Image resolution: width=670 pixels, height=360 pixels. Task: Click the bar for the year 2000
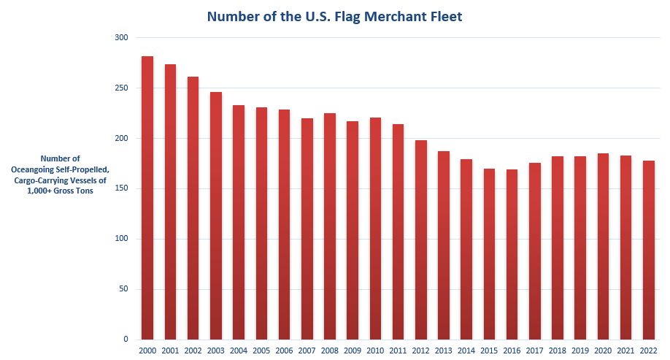[x=147, y=197]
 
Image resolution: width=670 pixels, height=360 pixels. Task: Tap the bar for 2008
[x=329, y=226]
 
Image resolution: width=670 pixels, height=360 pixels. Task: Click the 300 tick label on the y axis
[x=121, y=38]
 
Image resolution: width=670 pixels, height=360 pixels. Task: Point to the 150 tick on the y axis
[x=121, y=188]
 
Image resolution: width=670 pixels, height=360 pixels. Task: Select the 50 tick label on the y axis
[x=123, y=289]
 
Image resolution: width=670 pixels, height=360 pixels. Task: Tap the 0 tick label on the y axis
[x=126, y=340]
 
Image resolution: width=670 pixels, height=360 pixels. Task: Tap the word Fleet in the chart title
[x=444, y=16]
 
